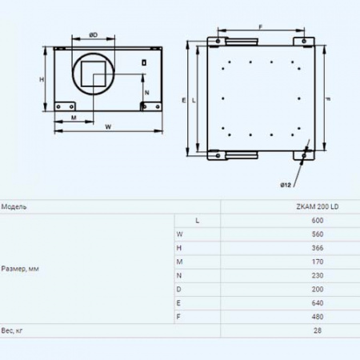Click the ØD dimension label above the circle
[x=94, y=35]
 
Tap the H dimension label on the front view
[x=42, y=79]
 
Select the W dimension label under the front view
[x=108, y=126]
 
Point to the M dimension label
[x=74, y=118]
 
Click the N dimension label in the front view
[x=147, y=93]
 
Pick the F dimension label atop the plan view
[x=261, y=27]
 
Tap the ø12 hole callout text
[x=286, y=185]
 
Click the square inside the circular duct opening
[x=94, y=74]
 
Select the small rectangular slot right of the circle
[x=144, y=62]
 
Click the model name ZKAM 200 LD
[x=318, y=206]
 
